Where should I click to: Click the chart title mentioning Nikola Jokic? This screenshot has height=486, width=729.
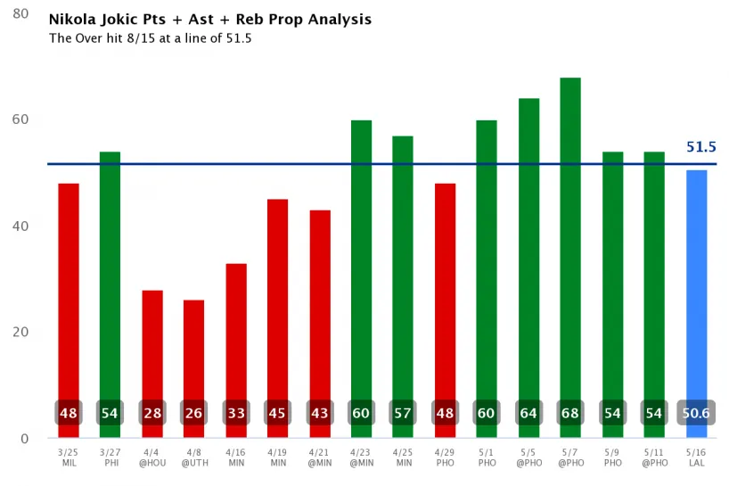[210, 20]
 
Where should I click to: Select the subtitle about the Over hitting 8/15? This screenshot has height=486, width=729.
[150, 38]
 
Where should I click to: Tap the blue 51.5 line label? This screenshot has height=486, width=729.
[701, 147]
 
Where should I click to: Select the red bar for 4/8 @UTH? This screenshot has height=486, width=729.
[193, 357]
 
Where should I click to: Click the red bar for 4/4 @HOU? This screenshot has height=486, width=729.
[152, 352]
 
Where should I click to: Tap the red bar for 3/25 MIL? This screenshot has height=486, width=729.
[69, 294]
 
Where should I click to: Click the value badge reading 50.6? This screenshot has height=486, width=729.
[696, 414]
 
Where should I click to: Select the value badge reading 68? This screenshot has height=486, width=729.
[570, 414]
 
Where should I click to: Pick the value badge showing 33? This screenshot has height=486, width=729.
[235, 414]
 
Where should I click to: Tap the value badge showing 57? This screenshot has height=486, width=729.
[403, 414]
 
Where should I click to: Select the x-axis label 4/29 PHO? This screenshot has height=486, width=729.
[445, 457]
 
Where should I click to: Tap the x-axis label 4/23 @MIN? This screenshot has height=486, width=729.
[361, 457]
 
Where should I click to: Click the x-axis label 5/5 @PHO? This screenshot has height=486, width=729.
[528, 457]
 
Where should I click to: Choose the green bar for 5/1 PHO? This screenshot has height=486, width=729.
[487, 268]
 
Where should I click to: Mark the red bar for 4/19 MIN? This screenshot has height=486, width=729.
[277, 303]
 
